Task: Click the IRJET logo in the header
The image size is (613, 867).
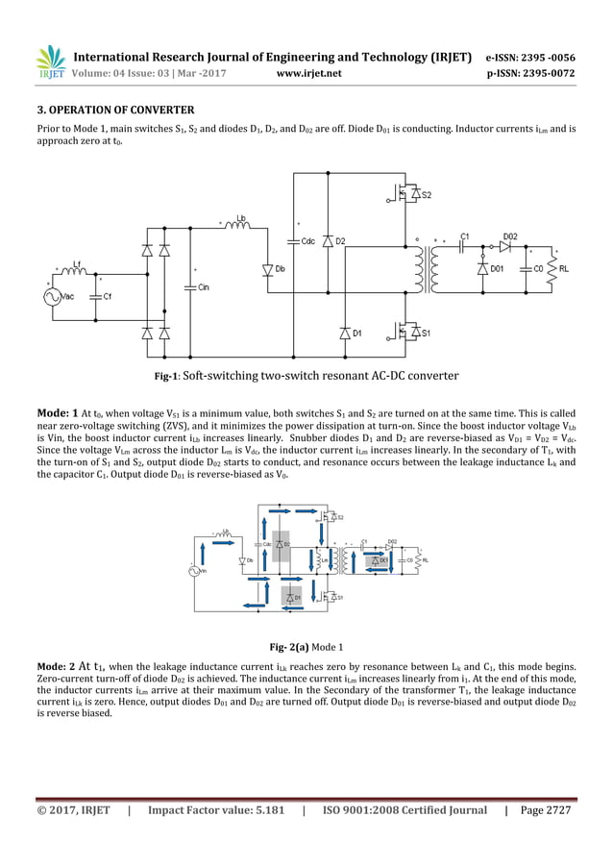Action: click(50, 62)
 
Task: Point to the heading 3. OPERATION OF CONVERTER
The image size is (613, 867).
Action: click(115, 110)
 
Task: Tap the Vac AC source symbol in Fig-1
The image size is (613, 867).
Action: click(51, 297)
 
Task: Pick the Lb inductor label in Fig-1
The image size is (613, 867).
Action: click(241, 218)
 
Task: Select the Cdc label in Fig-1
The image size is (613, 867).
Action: click(308, 240)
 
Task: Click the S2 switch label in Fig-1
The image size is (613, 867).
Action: click(425, 195)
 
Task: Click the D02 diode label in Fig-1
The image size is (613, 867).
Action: click(510, 235)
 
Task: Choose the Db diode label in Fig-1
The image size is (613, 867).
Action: click(281, 269)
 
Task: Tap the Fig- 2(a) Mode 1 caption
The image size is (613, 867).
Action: click(306, 647)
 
